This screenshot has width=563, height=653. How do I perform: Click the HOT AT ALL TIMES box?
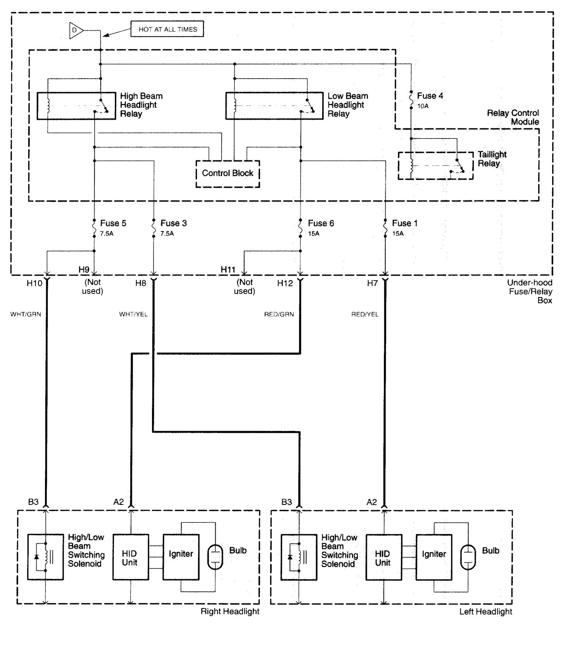(x=167, y=29)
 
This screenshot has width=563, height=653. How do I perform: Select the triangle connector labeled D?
(x=75, y=30)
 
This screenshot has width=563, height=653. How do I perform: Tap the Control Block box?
(x=228, y=174)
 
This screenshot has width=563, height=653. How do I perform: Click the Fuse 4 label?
(x=430, y=96)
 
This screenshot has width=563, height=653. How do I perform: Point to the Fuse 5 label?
(x=113, y=223)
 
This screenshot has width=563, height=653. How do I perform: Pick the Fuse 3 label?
(x=173, y=223)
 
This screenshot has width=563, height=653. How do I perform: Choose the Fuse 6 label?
(x=321, y=223)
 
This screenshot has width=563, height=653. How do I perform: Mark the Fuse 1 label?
(x=404, y=223)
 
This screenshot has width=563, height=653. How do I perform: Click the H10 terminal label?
(x=34, y=283)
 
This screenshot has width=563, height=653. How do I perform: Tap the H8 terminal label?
(x=141, y=283)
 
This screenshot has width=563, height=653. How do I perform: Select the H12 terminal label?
(x=285, y=283)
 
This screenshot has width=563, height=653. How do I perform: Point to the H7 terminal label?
(x=372, y=283)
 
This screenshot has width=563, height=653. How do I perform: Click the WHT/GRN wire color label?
(x=26, y=314)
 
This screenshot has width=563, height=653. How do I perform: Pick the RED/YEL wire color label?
(x=365, y=314)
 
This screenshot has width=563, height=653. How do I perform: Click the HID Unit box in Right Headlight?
(x=130, y=558)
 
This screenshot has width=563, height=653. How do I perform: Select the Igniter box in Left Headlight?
(x=434, y=558)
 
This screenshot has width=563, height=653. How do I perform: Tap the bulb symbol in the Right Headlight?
(x=215, y=557)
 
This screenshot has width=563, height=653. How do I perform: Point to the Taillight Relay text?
(x=492, y=159)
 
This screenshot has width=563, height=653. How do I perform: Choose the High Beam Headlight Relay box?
(x=76, y=105)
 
